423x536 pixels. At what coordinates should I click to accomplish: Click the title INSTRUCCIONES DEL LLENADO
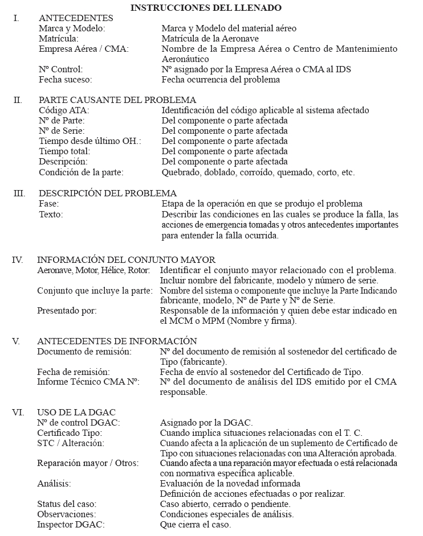[206, 8]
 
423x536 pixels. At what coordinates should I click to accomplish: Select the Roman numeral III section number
[19, 193]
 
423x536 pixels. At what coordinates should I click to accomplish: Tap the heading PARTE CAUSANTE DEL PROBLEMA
[117, 100]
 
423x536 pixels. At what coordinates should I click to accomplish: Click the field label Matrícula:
[59, 39]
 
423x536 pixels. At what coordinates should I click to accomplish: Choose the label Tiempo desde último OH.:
[90, 141]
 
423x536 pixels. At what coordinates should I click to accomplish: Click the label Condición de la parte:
[81, 172]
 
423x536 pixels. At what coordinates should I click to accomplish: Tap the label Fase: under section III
[49, 204]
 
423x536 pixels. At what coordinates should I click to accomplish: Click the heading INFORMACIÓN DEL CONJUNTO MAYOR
[126, 260]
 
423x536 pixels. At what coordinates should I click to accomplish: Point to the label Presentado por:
[67, 311]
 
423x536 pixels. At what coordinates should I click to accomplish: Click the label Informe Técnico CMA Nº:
[88, 382]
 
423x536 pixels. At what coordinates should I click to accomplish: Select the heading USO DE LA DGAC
[77, 413]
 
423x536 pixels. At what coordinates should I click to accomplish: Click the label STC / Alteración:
[71, 443]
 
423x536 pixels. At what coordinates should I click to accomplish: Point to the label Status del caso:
[67, 504]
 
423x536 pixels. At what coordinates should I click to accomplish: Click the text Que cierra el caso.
[196, 525]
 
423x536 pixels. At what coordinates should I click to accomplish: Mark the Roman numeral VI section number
[18, 413]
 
